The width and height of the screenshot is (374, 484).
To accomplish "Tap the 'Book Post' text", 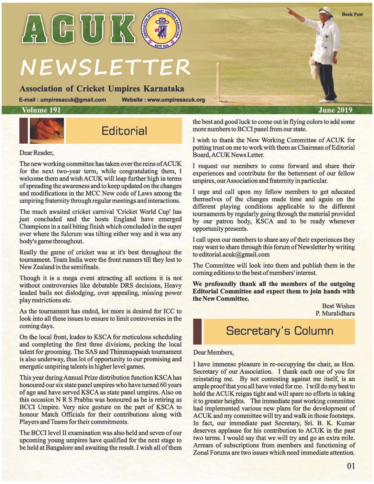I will click(x=352, y=14).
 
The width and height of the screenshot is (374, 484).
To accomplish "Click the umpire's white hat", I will click(x=326, y=12).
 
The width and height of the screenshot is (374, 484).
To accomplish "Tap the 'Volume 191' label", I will click(x=41, y=110).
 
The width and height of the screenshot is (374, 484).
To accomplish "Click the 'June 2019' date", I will click(x=335, y=110).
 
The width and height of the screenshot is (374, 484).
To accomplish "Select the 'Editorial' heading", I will click(x=124, y=131).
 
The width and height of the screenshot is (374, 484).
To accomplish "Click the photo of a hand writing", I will click(x=47, y=131).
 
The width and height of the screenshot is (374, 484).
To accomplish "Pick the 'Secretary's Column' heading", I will click(x=279, y=331).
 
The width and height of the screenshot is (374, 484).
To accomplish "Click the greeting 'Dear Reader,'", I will click(x=36, y=153).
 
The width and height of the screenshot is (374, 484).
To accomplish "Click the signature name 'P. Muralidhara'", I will click(x=335, y=313).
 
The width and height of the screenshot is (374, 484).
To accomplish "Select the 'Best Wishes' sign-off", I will click(x=338, y=306).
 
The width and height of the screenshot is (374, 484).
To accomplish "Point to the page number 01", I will click(x=351, y=466).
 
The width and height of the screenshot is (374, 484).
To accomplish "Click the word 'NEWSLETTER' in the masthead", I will click(x=105, y=67).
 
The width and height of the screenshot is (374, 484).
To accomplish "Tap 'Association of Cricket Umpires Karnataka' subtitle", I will click(x=102, y=89).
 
